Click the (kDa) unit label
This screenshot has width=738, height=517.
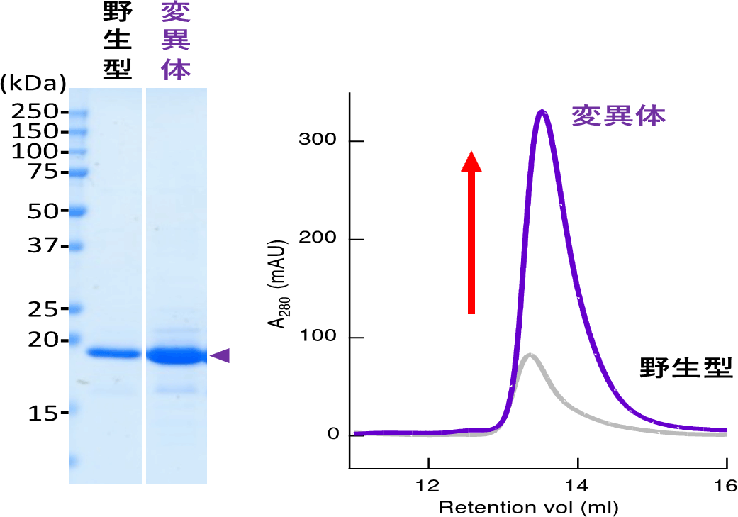33,83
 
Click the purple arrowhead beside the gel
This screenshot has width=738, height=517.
220,355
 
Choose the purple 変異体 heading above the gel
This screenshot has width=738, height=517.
176,40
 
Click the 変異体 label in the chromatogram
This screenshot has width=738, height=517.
619,116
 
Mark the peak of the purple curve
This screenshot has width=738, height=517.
542,111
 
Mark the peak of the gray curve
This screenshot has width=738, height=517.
530,355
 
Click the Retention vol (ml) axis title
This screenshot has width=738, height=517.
528,507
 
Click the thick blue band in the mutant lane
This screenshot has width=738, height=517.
175,355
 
